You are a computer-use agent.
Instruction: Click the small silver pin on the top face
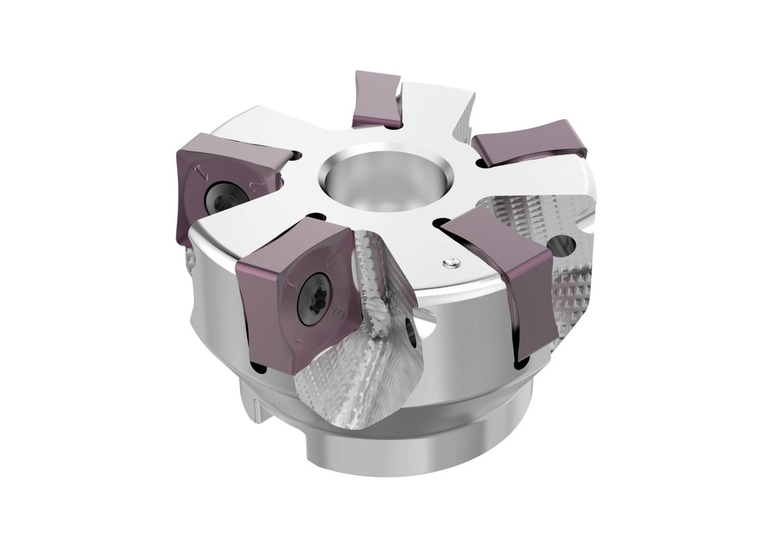pyautogui.click(x=450, y=262)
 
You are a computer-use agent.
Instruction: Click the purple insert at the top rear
pyautogui.click(x=376, y=98)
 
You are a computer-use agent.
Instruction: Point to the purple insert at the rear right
pyautogui.click(x=529, y=142)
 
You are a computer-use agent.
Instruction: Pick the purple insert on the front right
pyautogui.click(x=511, y=280)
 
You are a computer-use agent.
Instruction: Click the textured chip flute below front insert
pyautogui.click(x=354, y=377)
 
